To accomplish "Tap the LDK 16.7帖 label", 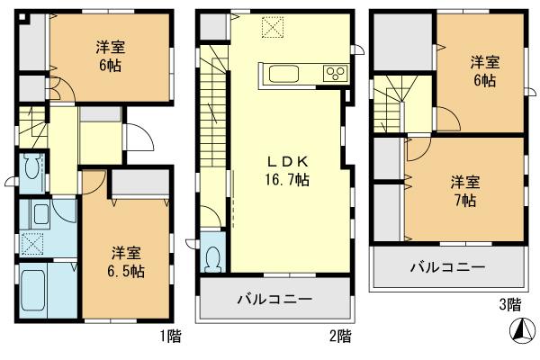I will (x=287, y=171).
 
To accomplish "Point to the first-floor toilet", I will (x=31, y=167).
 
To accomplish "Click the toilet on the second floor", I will (x=212, y=258).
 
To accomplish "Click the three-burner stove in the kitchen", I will (x=334, y=73).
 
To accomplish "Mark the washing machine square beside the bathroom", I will (x=31, y=244).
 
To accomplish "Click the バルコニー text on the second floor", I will (x=274, y=299).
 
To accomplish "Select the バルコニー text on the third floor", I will (x=447, y=267).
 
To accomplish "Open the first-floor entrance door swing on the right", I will (x=137, y=136).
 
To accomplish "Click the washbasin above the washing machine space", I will (x=40, y=214).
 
